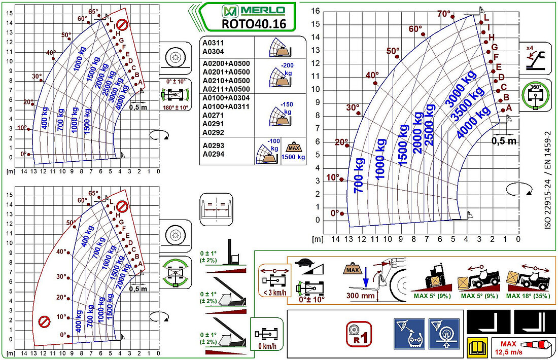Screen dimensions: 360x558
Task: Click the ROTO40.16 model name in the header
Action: click(x=254, y=23)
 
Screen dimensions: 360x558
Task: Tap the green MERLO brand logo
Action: click(x=254, y=10)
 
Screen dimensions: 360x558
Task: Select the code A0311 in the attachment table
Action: click(x=214, y=44)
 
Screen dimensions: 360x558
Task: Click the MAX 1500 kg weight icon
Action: click(x=293, y=151)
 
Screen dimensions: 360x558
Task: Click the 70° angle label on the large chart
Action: click(x=444, y=13)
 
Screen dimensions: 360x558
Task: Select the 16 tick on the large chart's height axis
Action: click(x=316, y=11)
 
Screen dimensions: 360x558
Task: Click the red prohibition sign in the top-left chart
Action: click(x=122, y=24)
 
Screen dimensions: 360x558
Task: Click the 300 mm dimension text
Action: click(x=361, y=296)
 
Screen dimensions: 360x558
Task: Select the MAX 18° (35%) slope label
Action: click(x=528, y=296)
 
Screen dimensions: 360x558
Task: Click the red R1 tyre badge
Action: click(x=359, y=334)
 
